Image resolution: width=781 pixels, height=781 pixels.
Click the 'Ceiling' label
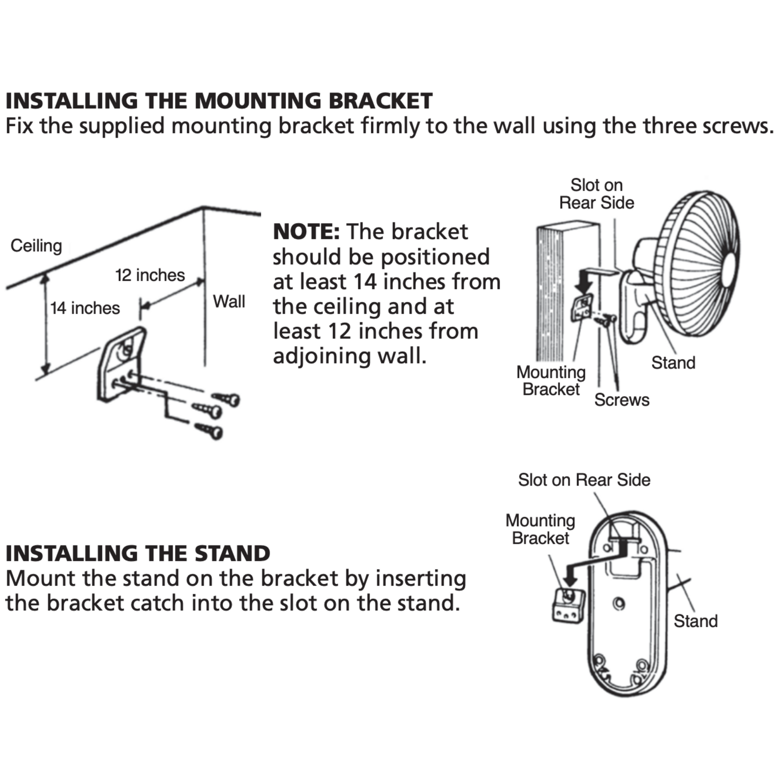point(37,246)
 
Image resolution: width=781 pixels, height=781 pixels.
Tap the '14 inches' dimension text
point(85,309)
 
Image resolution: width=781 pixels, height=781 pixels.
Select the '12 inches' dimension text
point(150,276)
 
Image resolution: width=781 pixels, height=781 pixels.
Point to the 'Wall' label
point(229,302)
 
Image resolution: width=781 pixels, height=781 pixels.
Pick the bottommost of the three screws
point(210,431)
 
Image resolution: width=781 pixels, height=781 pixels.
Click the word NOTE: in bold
point(306,232)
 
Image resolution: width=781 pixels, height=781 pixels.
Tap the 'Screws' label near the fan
point(622,400)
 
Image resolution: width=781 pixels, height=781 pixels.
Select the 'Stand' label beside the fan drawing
point(673,363)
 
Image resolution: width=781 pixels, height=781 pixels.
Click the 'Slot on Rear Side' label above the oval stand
point(584,480)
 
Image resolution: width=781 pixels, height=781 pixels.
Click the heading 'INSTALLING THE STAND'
point(138,554)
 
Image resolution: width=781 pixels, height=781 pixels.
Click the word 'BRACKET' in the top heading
point(380,101)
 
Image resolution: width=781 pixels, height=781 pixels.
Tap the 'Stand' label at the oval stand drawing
point(695,621)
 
